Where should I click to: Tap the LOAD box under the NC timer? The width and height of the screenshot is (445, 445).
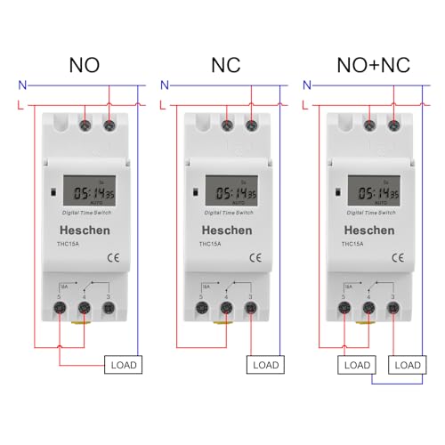tap(264, 364)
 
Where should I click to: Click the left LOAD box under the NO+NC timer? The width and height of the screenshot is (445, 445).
tap(356, 364)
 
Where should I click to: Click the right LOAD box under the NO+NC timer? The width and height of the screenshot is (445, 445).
tap(407, 364)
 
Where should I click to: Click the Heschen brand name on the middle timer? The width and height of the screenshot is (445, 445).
tap(225, 231)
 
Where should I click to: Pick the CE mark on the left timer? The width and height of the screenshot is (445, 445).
tap(111, 258)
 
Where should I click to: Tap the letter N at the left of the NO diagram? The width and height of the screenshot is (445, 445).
tap(20, 85)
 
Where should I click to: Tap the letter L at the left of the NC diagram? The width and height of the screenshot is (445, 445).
tap(163, 104)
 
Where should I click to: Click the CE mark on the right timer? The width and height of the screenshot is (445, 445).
tap(399, 258)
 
